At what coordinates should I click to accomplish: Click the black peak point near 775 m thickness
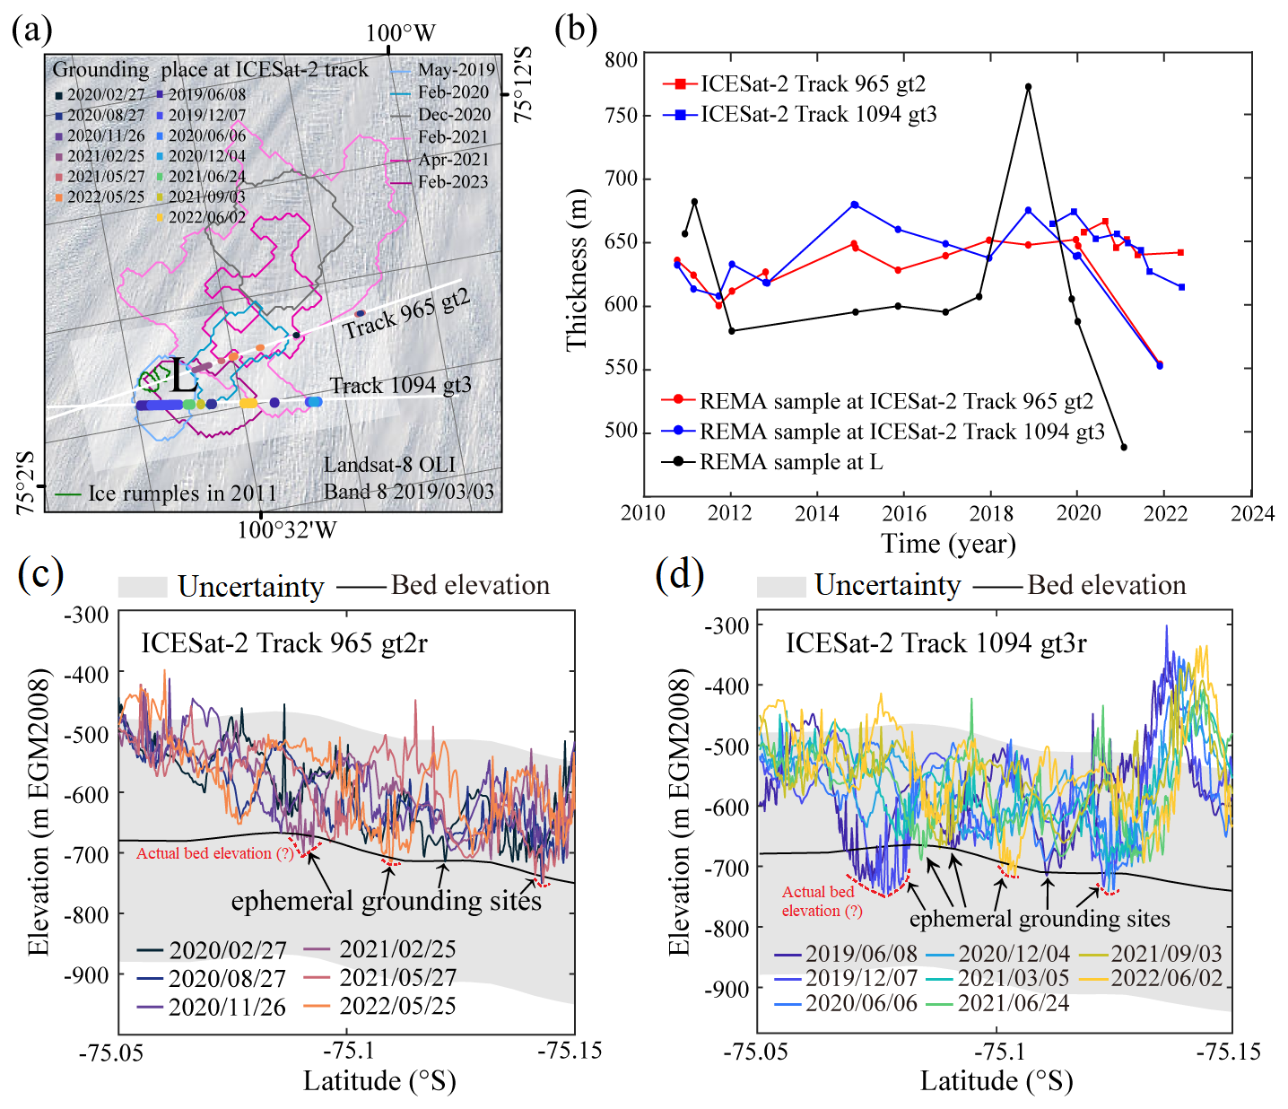coord(1028,87)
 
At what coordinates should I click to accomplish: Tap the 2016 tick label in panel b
coord(903,513)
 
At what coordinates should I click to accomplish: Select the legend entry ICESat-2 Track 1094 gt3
coord(817,114)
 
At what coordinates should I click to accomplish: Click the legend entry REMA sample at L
coord(790,462)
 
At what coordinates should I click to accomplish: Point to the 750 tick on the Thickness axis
coord(621,116)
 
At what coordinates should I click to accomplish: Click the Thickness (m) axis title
coord(578,269)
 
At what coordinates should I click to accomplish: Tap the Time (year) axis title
coord(947,544)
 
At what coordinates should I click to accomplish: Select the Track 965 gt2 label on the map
coord(406,313)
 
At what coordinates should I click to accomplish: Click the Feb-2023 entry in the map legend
coord(453,181)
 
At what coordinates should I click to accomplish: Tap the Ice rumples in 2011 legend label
coord(182,493)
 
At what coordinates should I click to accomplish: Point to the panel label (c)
coord(40,574)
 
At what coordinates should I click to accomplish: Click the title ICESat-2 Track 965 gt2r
coord(284,643)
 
